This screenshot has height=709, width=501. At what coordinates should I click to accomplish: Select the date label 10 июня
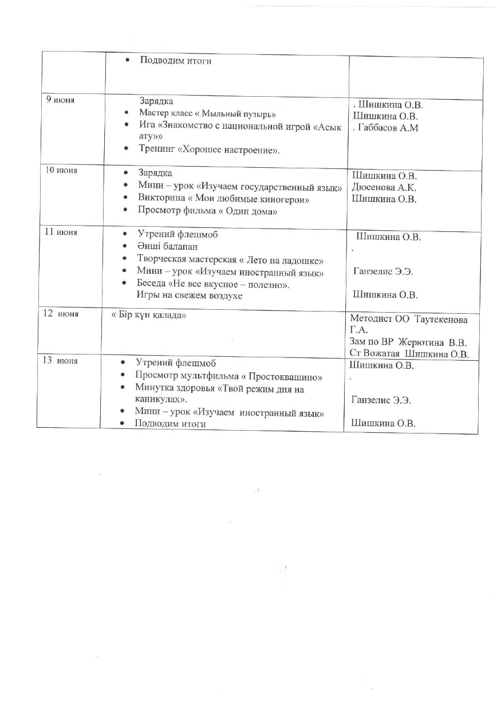(x=62, y=170)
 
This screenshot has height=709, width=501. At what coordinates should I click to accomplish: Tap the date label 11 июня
(x=62, y=232)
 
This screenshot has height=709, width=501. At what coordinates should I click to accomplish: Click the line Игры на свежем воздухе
(x=189, y=296)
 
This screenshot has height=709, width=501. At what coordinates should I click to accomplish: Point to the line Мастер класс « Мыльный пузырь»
(x=207, y=113)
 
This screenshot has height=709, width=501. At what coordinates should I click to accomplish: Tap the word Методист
(x=367, y=318)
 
